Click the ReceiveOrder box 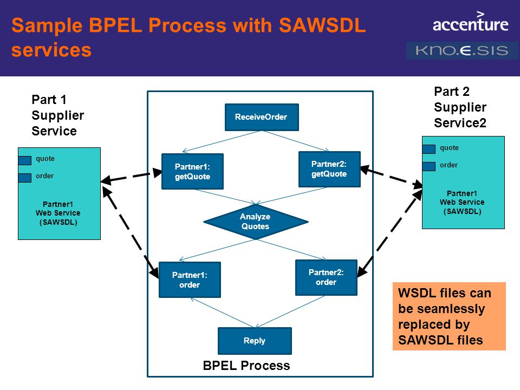coord(262,117)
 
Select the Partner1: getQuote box coord(192,172)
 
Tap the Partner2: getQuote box coord(329,169)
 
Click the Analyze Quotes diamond coord(256,222)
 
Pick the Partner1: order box coord(190,279)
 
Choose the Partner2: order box coord(326,277)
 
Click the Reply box coord(255,341)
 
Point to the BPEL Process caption coord(246,366)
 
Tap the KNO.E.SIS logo coord(461,50)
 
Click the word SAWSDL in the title coord(322,25)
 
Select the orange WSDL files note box coord(449,316)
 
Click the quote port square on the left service coord(25,160)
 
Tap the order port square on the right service coord(429,166)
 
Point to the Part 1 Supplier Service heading coord(58,115)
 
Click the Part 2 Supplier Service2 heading coord(460,107)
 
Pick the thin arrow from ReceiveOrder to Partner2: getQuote coord(296,141)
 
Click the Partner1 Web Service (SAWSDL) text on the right coord(462,202)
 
